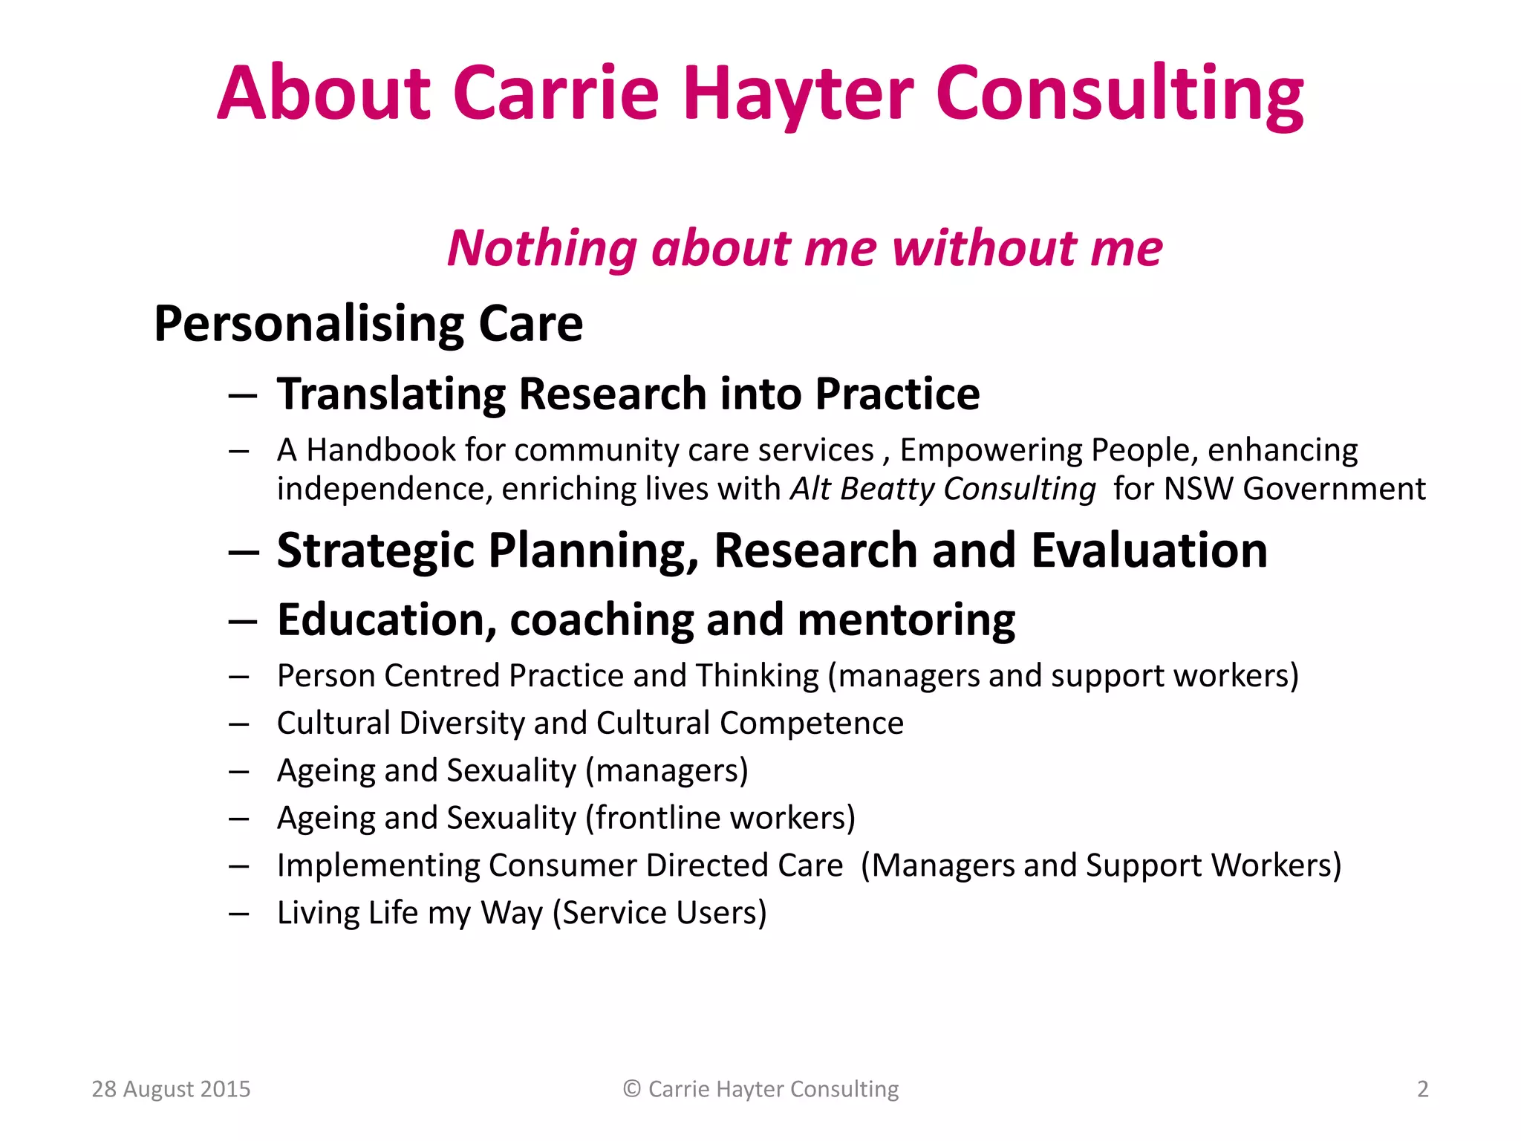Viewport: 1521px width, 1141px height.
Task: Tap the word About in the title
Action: click(324, 94)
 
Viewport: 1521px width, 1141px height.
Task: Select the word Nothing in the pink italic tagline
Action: click(542, 248)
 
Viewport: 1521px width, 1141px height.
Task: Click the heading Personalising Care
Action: click(368, 324)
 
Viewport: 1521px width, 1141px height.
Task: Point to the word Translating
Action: click(391, 394)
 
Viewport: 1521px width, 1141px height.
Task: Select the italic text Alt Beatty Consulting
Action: click(942, 489)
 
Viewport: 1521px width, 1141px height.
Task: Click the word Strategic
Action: click(375, 551)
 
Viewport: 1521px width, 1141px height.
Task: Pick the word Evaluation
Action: click(1149, 551)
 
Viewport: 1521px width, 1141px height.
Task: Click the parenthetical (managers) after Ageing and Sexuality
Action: click(667, 770)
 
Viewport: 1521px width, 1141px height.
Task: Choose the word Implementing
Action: click(379, 865)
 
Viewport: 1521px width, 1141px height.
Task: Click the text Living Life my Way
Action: click(411, 913)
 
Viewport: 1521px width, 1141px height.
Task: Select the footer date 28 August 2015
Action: click(171, 1089)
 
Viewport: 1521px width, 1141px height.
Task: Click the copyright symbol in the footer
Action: click(632, 1089)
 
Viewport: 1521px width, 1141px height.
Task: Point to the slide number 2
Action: click(1422, 1089)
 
